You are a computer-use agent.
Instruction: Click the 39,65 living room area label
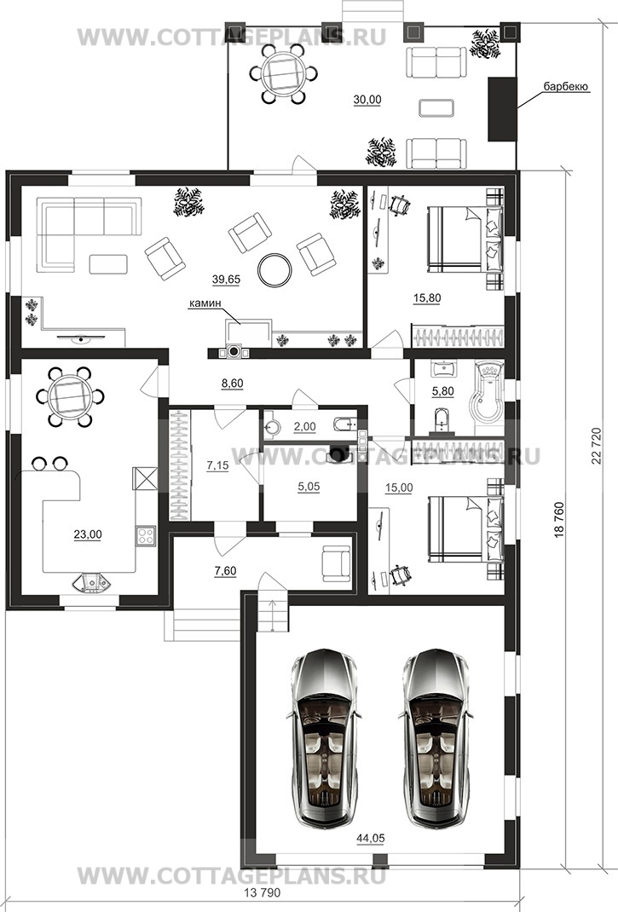coord(227,280)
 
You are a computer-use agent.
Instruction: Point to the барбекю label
coord(566,87)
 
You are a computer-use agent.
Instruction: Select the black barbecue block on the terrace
coord(502,109)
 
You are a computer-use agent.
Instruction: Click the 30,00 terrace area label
coord(367,100)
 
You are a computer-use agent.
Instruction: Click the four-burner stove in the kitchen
coord(146,535)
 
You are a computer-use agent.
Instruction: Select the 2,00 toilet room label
coord(304,427)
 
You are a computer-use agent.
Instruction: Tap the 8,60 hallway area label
coord(232,384)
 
